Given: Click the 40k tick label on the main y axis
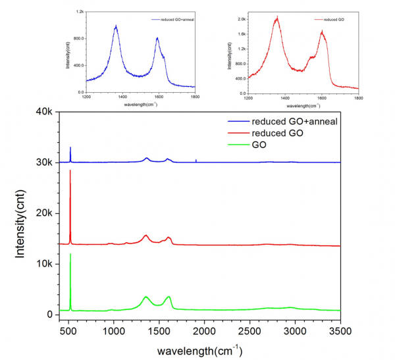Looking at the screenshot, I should tap(43, 112).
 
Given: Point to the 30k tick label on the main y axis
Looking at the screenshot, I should tap(43, 163).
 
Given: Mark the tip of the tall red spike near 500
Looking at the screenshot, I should tap(70, 170).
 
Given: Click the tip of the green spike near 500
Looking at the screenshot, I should tap(70, 254).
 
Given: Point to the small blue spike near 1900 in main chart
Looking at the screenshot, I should tap(196, 160).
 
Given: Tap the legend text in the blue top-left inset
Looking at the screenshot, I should tap(176, 21).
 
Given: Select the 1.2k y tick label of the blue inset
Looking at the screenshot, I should tap(79, 12).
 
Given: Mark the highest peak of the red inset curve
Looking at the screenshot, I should tap(277, 18).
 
